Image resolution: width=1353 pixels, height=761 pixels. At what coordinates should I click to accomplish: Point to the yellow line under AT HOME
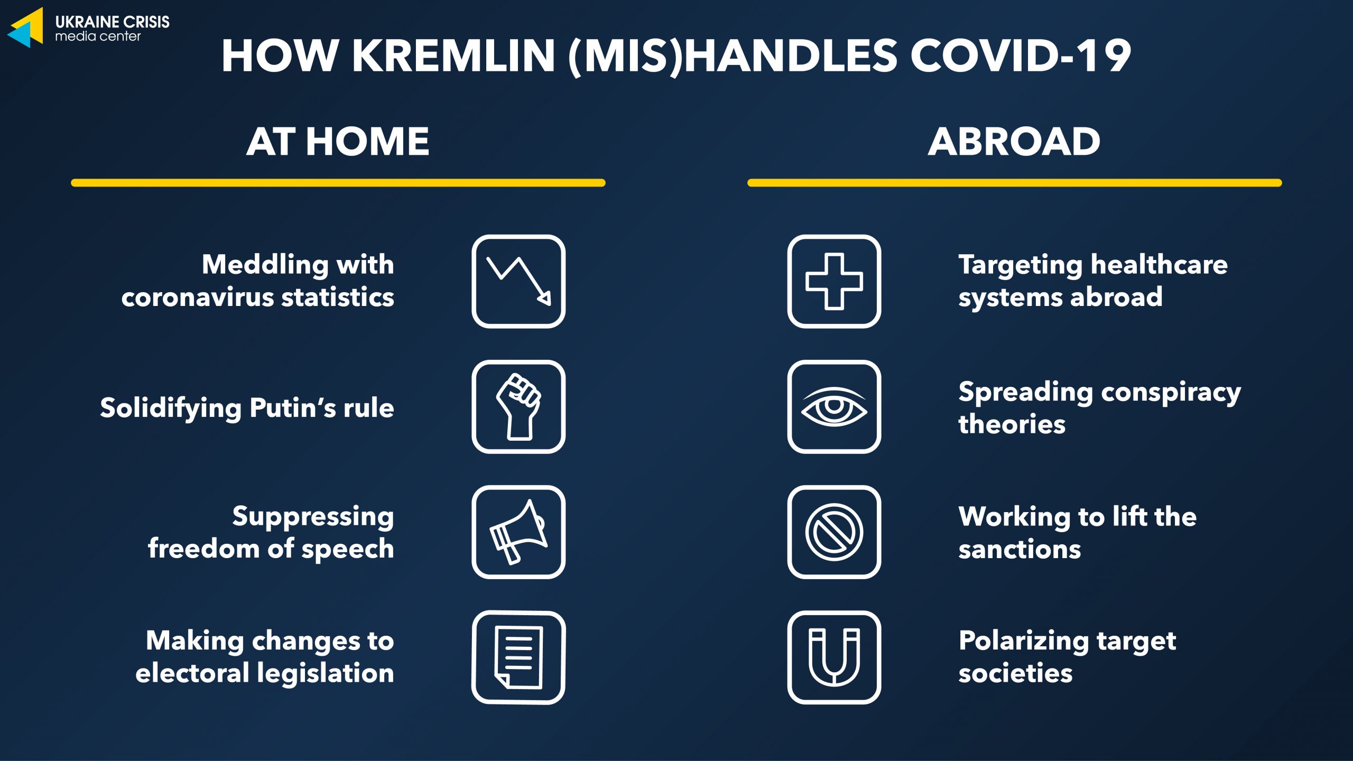[338, 183]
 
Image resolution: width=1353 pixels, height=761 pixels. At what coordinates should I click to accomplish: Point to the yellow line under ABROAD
[1015, 183]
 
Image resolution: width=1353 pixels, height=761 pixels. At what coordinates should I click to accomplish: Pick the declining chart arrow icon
[518, 281]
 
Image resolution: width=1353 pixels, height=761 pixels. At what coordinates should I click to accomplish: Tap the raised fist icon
[518, 406]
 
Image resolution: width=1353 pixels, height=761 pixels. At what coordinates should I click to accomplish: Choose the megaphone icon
[518, 532]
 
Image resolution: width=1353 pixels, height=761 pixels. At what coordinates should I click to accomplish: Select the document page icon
[518, 657]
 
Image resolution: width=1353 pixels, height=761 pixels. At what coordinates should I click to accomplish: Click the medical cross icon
[834, 281]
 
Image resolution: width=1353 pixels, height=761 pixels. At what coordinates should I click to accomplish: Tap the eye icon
[834, 406]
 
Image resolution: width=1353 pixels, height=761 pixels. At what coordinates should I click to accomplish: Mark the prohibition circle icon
[834, 532]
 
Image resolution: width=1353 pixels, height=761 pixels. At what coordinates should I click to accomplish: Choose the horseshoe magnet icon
[834, 657]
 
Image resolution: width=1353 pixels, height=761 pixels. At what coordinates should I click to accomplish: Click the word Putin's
[292, 408]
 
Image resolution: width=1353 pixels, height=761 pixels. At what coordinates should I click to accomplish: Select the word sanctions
[1020, 550]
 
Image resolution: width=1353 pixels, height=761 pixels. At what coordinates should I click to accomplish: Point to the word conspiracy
[1171, 394]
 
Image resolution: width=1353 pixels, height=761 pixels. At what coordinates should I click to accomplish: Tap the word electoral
[192, 673]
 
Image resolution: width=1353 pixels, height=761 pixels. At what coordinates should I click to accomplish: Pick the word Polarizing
[1023, 642]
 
